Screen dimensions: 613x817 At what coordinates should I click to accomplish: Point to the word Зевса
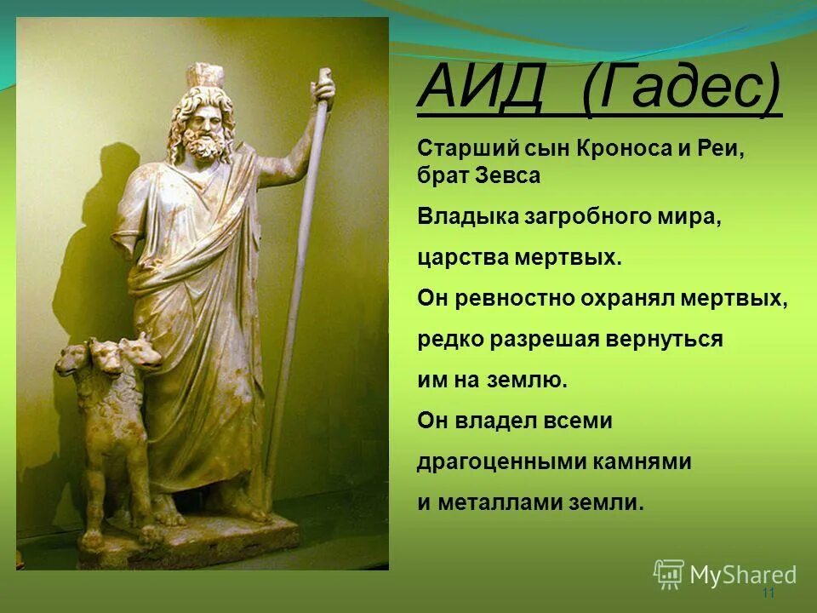click(x=508, y=176)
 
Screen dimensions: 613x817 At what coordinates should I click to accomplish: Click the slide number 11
click(x=768, y=593)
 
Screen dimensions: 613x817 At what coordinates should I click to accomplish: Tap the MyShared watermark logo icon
click(x=668, y=573)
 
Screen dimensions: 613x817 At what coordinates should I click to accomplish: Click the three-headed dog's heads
click(x=111, y=353)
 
